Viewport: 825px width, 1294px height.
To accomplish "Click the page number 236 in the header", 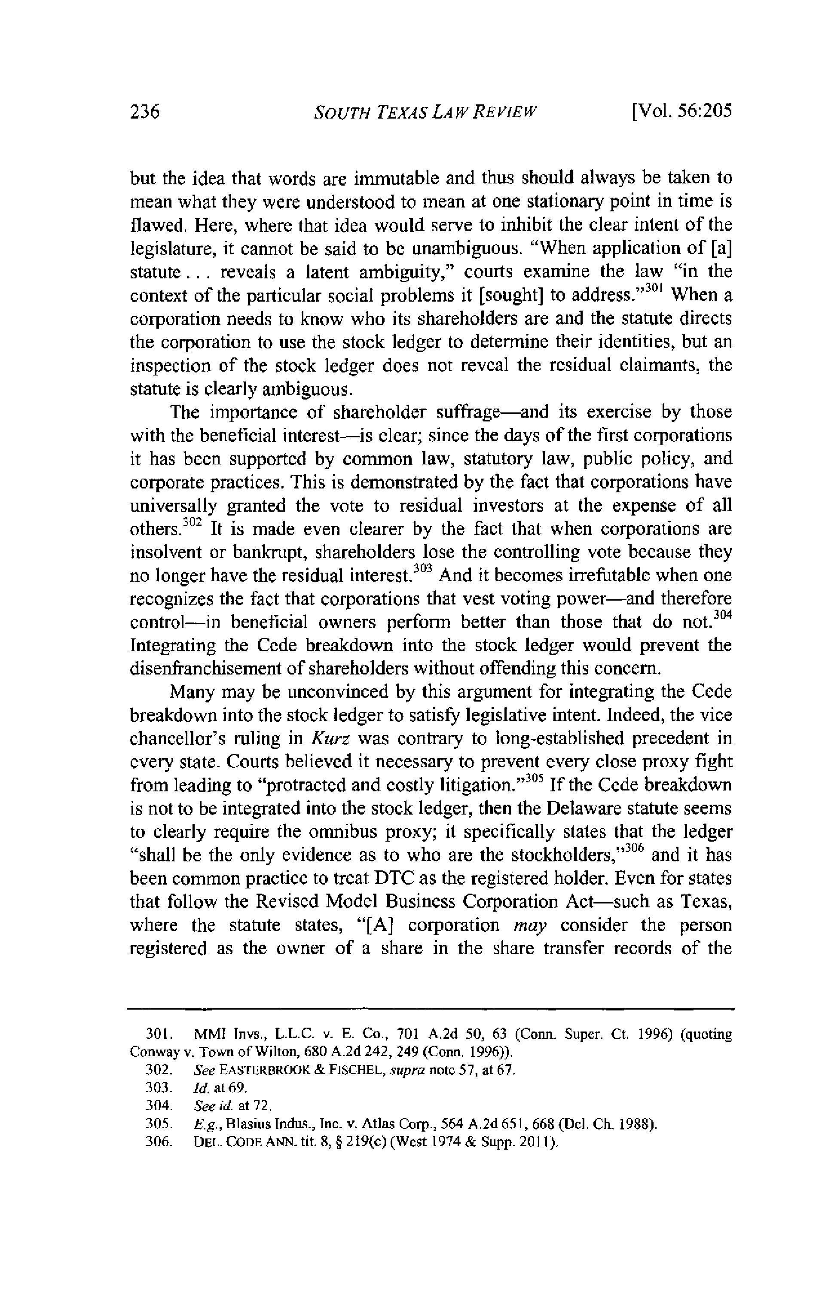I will click(x=146, y=111).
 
